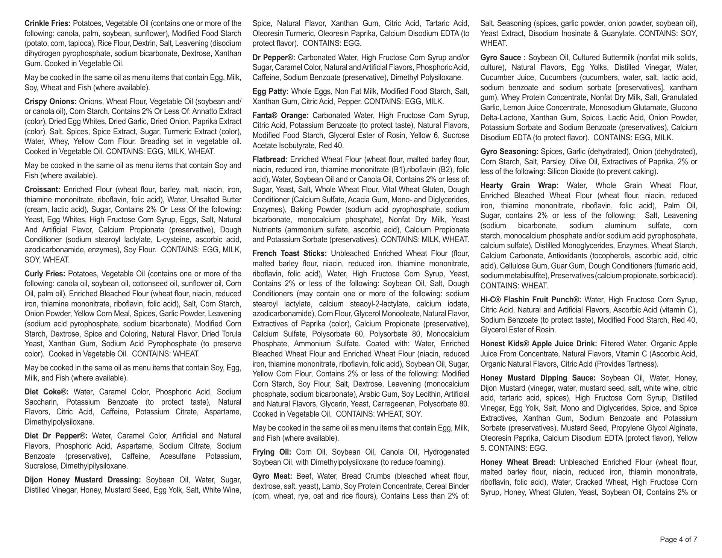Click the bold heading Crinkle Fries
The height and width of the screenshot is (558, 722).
[x=48, y=23]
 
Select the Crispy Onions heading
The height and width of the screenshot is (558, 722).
[x=50, y=102]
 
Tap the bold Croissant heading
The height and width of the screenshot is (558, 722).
[x=42, y=190]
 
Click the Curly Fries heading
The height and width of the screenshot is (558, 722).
[x=45, y=274]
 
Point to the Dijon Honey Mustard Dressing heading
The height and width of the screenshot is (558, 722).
[x=83, y=480]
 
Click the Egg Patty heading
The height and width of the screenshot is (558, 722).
[x=270, y=91]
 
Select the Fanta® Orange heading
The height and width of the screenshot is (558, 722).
[x=280, y=115]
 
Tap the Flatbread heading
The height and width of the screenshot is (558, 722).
[x=270, y=159]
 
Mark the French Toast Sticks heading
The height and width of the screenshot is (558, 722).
[x=290, y=253]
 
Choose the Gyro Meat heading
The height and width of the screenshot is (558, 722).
[x=272, y=476]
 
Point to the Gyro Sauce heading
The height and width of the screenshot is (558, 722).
[x=503, y=58]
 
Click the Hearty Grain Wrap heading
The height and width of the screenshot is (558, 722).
[x=519, y=185]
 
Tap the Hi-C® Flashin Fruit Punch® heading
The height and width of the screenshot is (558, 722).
[x=531, y=300]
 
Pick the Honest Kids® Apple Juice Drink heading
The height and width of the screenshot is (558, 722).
[x=538, y=344]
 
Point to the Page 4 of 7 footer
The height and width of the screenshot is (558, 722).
[x=678, y=540]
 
